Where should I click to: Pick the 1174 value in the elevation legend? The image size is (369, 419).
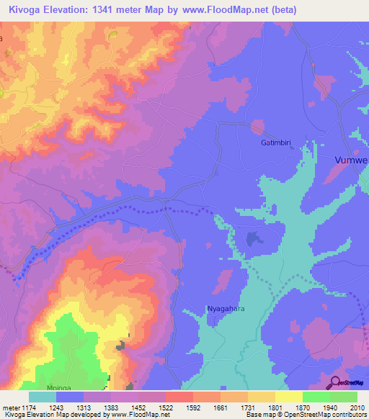click(x=25, y=408)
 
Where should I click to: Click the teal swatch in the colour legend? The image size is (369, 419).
click(x=43, y=397)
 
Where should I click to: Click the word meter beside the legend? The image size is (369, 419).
click(x=9, y=408)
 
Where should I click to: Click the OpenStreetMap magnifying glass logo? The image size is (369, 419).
click(x=334, y=382)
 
